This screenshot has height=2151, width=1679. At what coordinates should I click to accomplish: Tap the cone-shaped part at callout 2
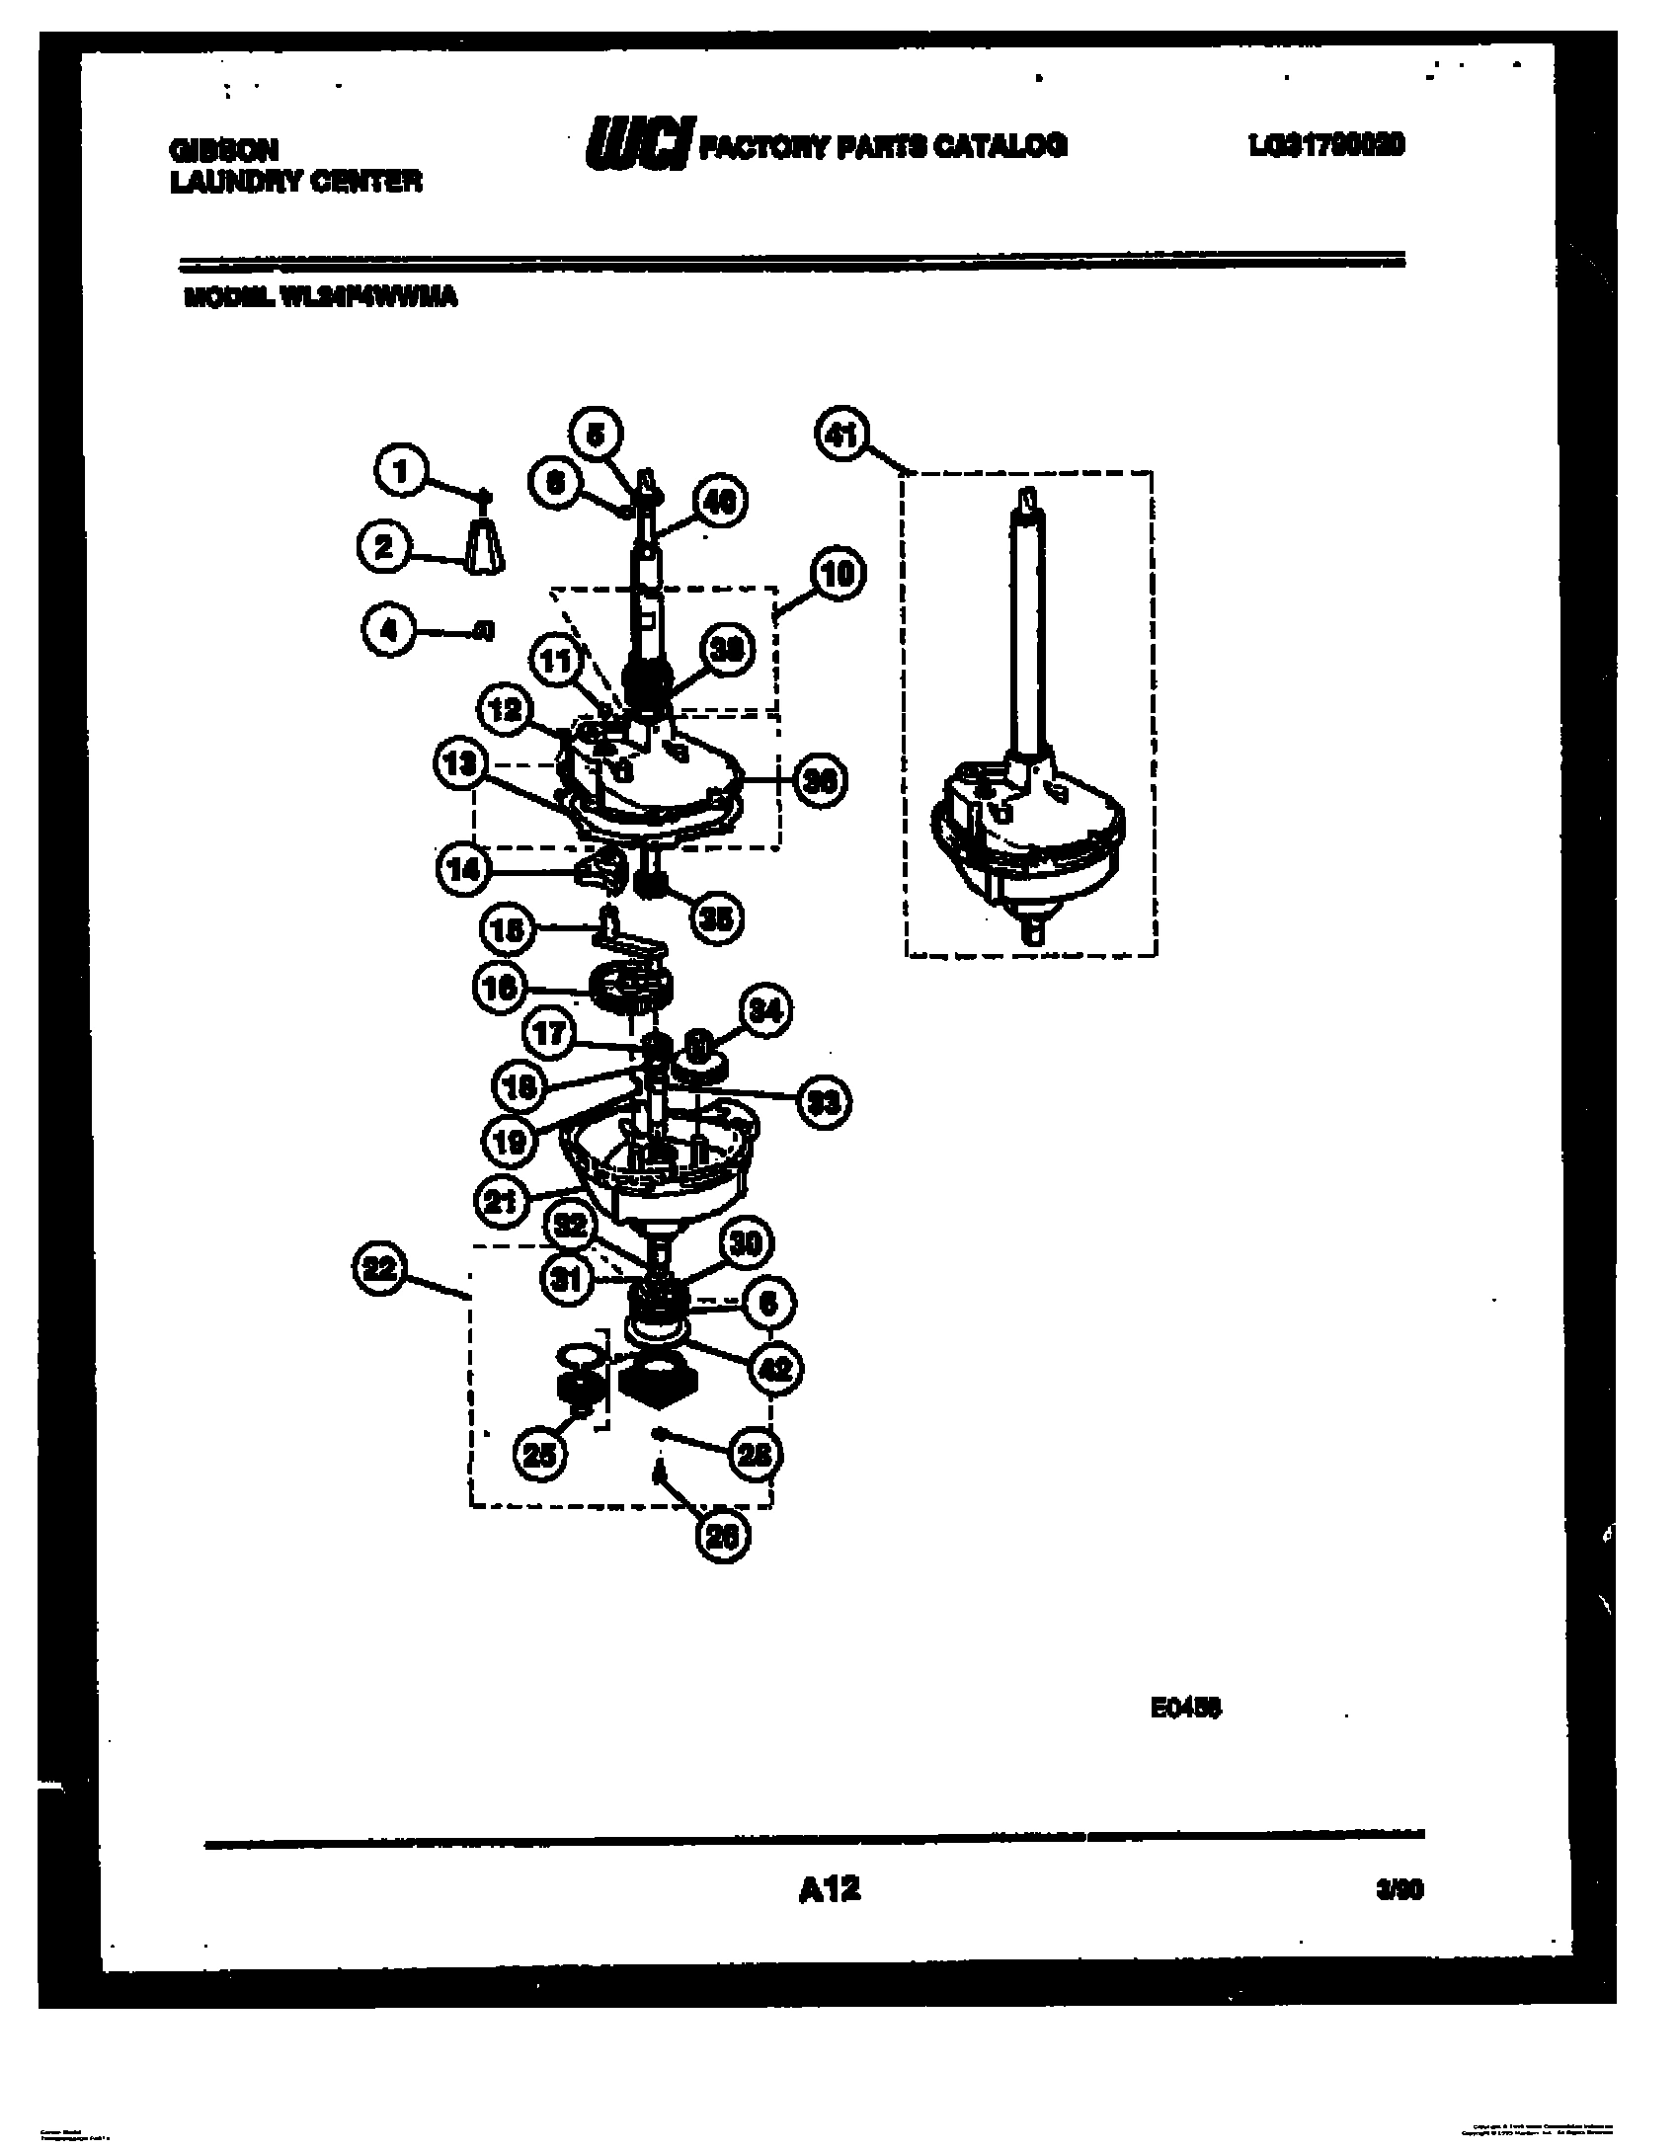point(483,545)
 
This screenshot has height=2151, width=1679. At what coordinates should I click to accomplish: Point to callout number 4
point(389,629)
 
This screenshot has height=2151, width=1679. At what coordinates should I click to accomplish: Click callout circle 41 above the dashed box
point(841,435)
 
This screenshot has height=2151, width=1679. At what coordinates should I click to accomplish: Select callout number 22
point(380,1270)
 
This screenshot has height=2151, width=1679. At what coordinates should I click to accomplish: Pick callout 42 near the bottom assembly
point(777,1369)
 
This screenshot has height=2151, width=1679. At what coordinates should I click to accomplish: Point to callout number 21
point(503,1201)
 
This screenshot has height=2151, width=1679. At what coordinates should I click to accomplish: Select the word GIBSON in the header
point(224,150)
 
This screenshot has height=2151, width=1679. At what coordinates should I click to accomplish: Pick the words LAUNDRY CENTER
point(296,182)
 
